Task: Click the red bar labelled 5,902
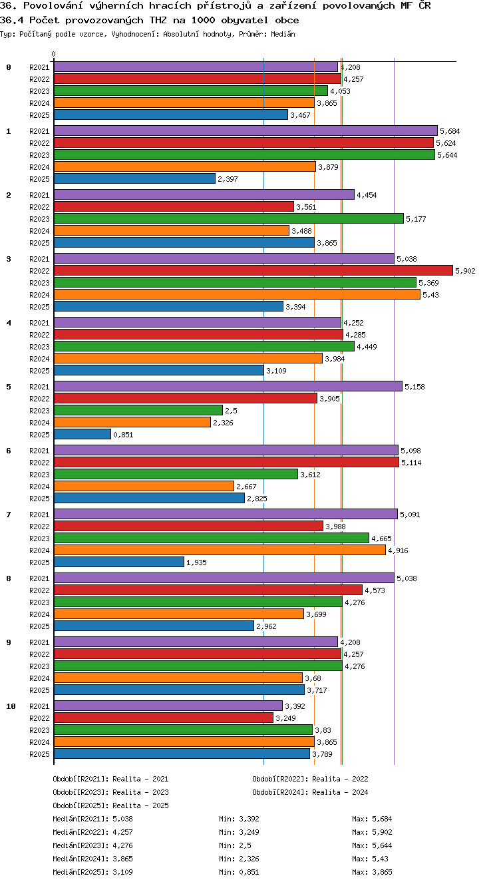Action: tap(253, 270)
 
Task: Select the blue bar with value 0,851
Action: tap(83, 434)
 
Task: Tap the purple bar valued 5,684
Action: tap(246, 130)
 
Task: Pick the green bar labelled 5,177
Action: tap(229, 218)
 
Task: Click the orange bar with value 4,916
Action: tap(220, 550)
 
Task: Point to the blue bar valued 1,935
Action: tap(119, 562)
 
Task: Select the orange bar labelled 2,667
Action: tap(144, 486)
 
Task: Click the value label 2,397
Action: tap(228, 179)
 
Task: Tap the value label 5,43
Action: tap(430, 295)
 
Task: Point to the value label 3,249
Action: tap(285, 718)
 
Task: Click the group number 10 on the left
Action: tap(11, 706)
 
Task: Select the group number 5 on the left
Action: tap(9, 387)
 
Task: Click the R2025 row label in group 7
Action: tap(39, 562)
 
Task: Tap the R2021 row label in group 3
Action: tap(39, 259)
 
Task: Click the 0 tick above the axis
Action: tap(54, 54)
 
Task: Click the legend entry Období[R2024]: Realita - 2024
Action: tap(310, 792)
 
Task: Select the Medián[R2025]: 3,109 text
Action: tap(92, 872)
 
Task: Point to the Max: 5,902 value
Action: tap(372, 832)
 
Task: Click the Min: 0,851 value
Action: tap(239, 872)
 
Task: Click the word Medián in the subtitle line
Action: tap(283, 34)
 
